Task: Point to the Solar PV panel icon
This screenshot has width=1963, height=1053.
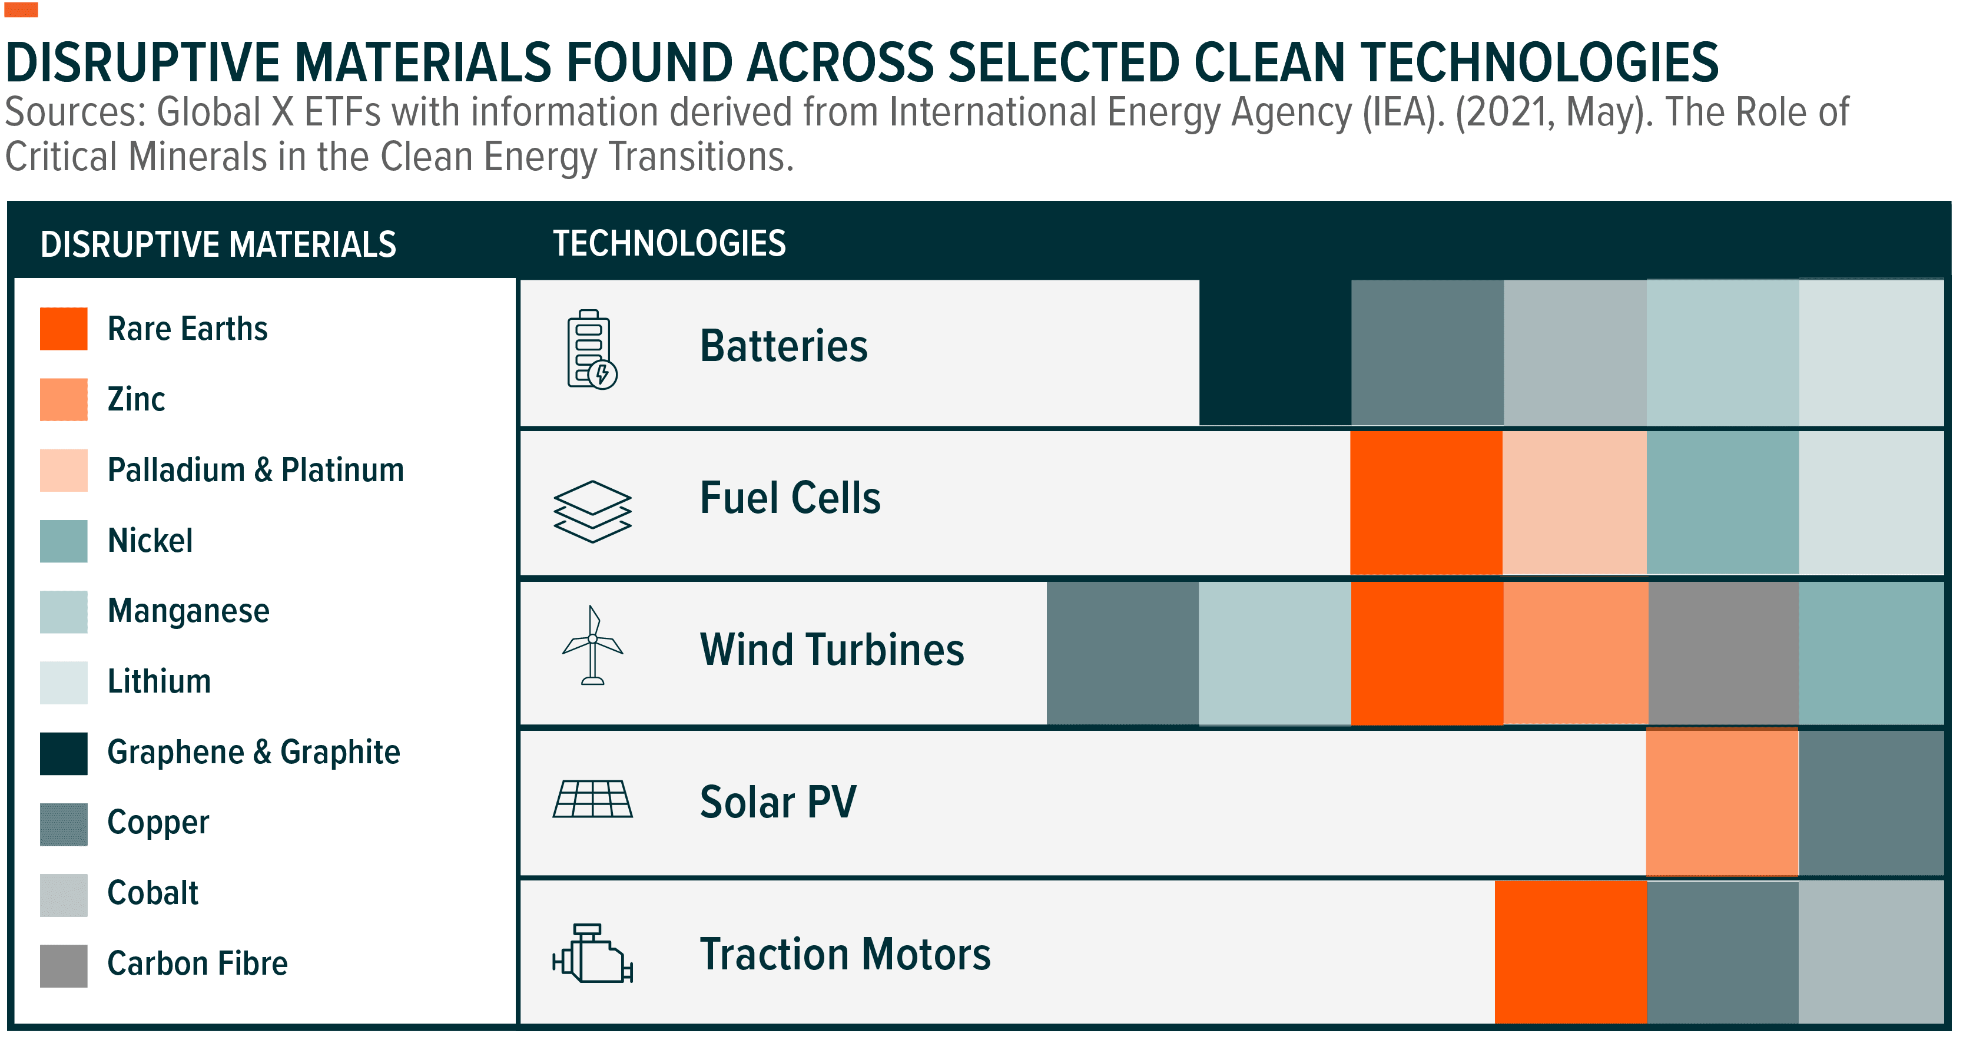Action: pos(592,799)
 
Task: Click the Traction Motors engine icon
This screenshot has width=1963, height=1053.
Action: pos(592,954)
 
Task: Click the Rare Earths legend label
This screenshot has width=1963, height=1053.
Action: pos(187,329)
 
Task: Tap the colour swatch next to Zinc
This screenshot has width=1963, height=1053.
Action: pos(64,399)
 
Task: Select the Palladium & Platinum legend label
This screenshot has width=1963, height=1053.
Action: pos(256,470)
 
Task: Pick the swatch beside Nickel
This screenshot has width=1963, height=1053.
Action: pos(64,541)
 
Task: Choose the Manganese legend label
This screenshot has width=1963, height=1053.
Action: pos(188,611)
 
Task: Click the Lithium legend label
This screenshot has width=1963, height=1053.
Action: pos(158,681)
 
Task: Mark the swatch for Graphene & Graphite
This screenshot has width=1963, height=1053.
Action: pos(64,753)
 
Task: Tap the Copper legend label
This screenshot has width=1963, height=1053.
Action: pos(158,823)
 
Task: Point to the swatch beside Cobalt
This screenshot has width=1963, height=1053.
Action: pos(64,893)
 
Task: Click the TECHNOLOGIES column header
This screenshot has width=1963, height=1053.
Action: pos(669,244)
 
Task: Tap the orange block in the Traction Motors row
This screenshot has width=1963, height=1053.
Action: pos(1570,952)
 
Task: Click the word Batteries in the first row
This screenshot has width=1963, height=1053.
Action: pos(783,346)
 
